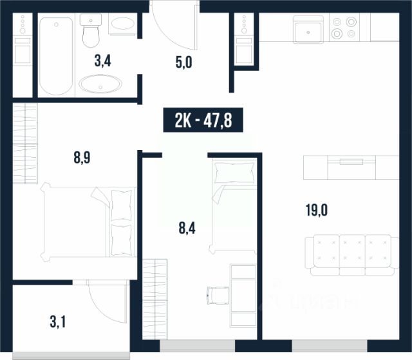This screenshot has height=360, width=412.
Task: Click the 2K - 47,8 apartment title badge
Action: pos(203,120)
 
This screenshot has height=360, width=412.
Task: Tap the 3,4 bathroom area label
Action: pos(103,61)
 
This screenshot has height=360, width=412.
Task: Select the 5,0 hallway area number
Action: pos(184,62)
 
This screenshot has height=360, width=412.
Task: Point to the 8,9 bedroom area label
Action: pos(82,158)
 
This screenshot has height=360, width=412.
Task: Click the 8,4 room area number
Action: pos(187,228)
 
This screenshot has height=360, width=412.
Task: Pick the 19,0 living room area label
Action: pos(317,210)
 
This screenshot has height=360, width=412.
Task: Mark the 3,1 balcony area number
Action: pos(58,322)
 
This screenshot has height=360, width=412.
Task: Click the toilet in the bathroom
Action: pos(91,30)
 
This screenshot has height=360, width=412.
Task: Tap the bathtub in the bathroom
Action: pos(56,56)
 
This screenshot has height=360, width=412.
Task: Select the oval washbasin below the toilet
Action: pos(100,84)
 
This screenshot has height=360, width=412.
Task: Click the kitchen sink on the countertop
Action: pos(308,30)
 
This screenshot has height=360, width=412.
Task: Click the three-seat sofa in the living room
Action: pos(352,255)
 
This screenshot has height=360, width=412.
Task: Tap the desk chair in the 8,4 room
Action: pos(218,296)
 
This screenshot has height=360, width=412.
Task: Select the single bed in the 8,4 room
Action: pos(233,206)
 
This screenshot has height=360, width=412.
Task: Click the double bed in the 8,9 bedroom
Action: pos(89,222)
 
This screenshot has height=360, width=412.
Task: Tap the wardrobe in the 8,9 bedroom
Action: pos(25,144)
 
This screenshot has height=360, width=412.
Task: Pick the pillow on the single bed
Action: pos(234,173)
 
